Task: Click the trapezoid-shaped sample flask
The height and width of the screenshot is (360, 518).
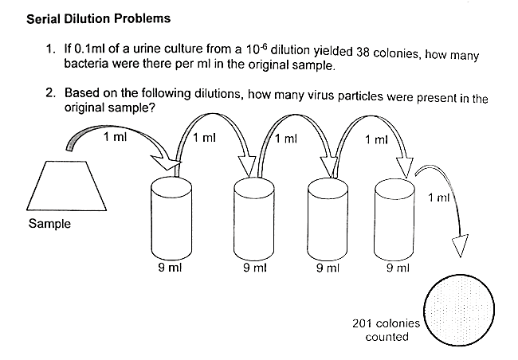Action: tap(68, 185)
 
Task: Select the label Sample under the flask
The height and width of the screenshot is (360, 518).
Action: tap(49, 224)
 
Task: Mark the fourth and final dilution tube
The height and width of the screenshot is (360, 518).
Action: tap(396, 218)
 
